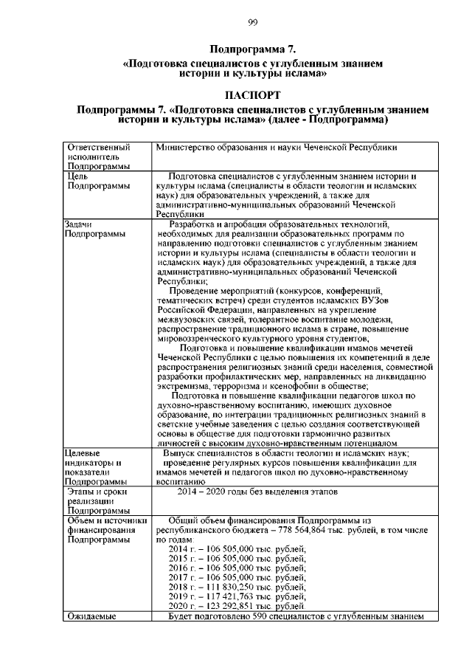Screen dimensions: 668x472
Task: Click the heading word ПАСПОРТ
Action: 252,95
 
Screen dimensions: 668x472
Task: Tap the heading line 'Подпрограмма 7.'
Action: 252,49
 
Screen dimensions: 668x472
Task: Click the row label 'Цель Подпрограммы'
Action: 94,182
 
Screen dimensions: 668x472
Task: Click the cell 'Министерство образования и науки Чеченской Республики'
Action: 281,147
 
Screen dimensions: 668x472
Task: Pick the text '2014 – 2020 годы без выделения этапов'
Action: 257,490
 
